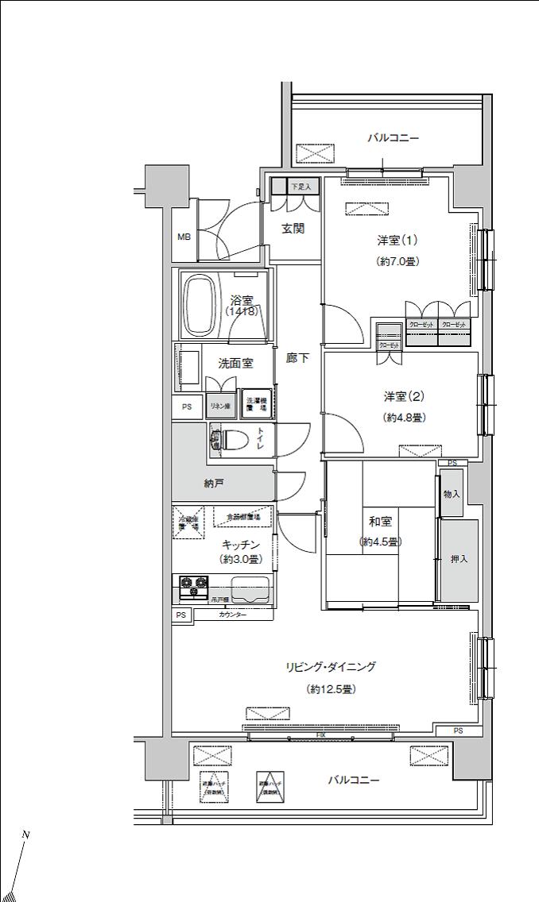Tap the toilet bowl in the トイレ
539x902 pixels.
pyautogui.click(x=234, y=439)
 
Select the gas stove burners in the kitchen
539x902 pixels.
pyautogui.click(x=192, y=586)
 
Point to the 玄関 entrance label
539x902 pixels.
pyautogui.click(x=293, y=229)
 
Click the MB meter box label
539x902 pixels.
pyautogui.click(x=184, y=237)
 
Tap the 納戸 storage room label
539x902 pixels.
pyautogui.click(x=214, y=484)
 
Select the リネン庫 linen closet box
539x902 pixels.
pyautogui.click(x=220, y=406)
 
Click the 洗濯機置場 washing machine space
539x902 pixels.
pyautogui.click(x=257, y=404)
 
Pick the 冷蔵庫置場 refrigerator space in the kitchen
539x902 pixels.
pyautogui.click(x=185, y=523)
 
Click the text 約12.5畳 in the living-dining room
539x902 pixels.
pyautogui.click(x=331, y=689)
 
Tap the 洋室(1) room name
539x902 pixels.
pyautogui.click(x=397, y=241)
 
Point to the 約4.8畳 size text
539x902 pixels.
pyautogui.click(x=404, y=418)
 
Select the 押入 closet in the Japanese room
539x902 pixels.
pyautogui.click(x=460, y=559)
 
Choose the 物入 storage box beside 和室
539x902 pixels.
pyautogui.click(x=452, y=494)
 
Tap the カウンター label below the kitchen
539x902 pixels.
pyautogui.click(x=231, y=615)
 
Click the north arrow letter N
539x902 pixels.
pyautogui.click(x=25, y=835)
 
